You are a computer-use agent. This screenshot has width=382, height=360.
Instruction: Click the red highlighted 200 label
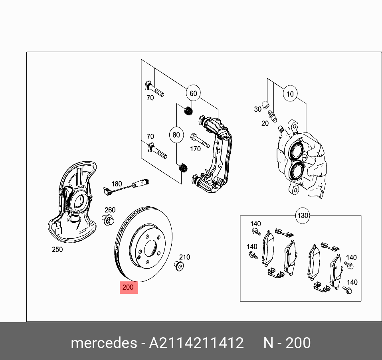click(129, 287)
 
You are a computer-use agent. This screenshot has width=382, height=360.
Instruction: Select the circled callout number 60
click(193, 93)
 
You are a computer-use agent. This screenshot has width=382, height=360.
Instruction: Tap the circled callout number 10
click(290, 94)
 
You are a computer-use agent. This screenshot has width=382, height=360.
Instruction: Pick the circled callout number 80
click(176, 135)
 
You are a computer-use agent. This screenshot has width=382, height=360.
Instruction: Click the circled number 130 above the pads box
click(303, 216)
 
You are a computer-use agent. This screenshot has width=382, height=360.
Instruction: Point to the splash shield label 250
click(57, 250)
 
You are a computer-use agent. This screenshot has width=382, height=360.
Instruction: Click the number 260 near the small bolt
click(110, 210)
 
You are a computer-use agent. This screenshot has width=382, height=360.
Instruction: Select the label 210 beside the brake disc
click(184, 257)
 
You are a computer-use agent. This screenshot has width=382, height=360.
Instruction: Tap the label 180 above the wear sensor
click(116, 184)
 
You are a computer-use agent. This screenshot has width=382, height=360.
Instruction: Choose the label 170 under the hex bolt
click(195, 149)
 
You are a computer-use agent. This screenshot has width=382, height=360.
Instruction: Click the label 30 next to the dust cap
click(257, 109)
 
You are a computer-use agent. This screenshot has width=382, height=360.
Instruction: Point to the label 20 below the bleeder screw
click(265, 124)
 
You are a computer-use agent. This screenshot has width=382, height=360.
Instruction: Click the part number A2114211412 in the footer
click(196, 343)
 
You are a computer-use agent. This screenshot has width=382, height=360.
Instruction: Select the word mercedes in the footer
click(103, 343)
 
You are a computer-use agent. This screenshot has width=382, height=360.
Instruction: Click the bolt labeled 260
click(108, 220)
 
